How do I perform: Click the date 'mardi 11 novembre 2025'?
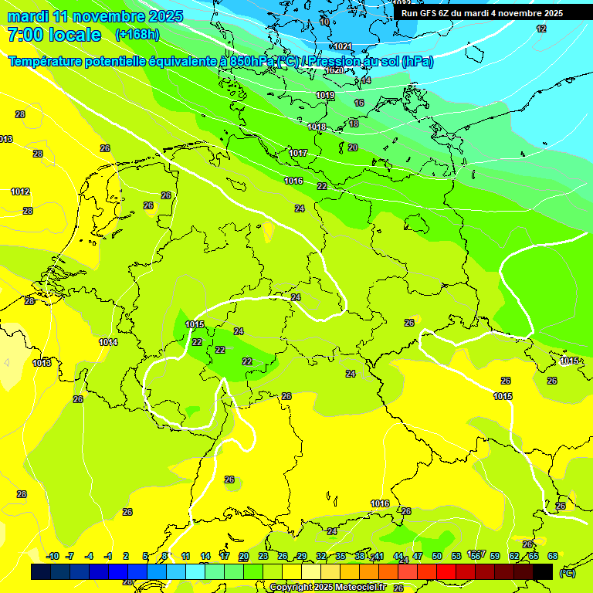pos(95,16)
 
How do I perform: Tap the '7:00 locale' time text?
pos(53,35)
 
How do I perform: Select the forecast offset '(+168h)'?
pos(138,35)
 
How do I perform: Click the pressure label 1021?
pos(343,47)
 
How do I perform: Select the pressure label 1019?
pos(325,96)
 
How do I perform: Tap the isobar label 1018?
pos(317,127)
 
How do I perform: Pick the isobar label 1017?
pos(299,153)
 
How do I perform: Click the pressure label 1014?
pos(108,342)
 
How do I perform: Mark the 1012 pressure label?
pos(20,191)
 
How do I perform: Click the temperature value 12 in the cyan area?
pos(541,29)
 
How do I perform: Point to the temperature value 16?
pos(359,103)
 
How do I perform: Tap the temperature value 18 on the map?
pos(354,124)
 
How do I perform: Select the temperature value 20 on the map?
pos(353,147)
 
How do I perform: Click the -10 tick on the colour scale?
pos(53,556)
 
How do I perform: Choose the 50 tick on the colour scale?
pos(437,556)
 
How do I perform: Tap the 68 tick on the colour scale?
pos(553,556)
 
